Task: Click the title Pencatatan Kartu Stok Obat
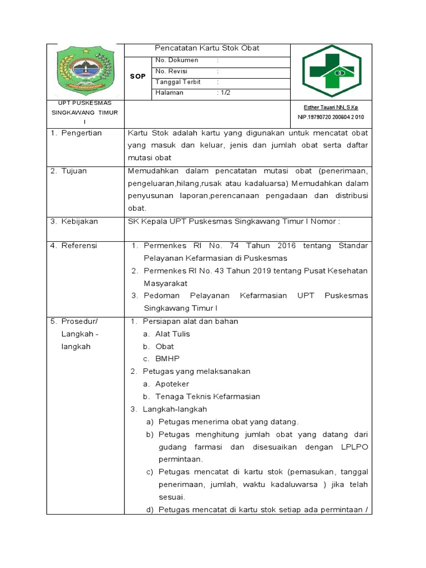pos(207,49)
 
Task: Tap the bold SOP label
pos(138,77)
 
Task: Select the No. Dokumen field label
pos(173,60)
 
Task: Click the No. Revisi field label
pos(170,71)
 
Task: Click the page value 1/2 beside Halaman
pos(225,93)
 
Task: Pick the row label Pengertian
pos(81,133)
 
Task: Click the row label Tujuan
pos(74,171)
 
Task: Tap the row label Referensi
pos(79,246)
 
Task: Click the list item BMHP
pos(167,359)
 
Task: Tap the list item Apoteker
pos(172,384)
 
